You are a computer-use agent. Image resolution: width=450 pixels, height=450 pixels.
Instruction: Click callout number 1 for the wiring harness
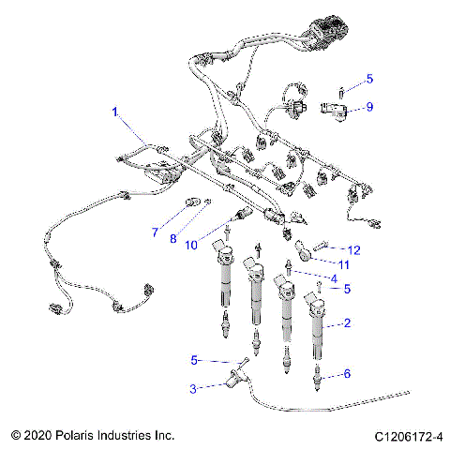[x=115, y=112]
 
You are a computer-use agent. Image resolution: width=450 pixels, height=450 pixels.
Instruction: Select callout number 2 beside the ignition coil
[x=348, y=323]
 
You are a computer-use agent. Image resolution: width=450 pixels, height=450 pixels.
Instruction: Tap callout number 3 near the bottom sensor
[x=193, y=387]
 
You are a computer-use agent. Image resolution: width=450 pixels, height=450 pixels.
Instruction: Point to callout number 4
[x=332, y=278]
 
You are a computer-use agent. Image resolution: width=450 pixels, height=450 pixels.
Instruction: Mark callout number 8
[x=172, y=239]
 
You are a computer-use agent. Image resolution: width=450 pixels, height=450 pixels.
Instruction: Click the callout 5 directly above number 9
[x=369, y=79]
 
